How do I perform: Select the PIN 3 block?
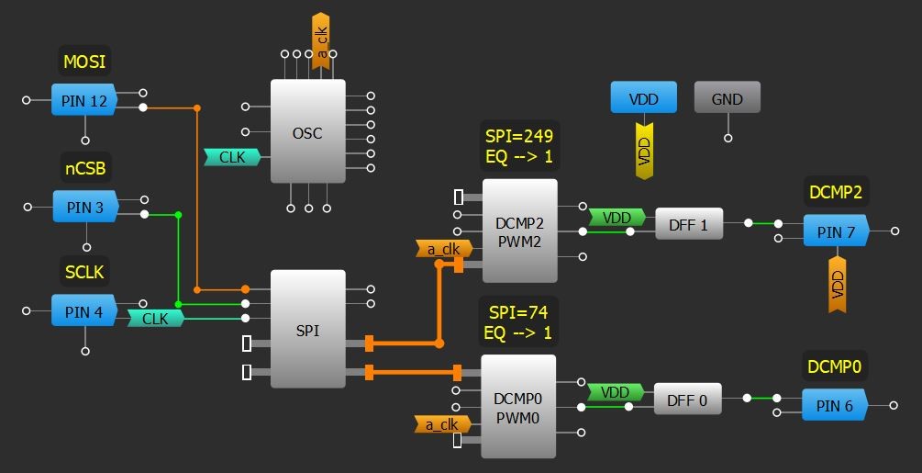point(85,207)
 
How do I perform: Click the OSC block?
point(307,133)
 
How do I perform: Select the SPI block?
point(308,330)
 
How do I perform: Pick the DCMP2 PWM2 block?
point(519,231)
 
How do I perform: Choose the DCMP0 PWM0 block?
point(517,407)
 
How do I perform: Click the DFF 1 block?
point(688,224)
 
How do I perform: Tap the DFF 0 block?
point(687,400)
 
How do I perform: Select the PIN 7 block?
point(836,231)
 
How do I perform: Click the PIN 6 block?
point(834,405)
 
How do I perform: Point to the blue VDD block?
point(644,98)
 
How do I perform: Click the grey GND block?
point(727,98)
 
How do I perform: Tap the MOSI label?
point(84,62)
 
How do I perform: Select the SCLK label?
point(84,272)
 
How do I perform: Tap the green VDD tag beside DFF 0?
point(615,392)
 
